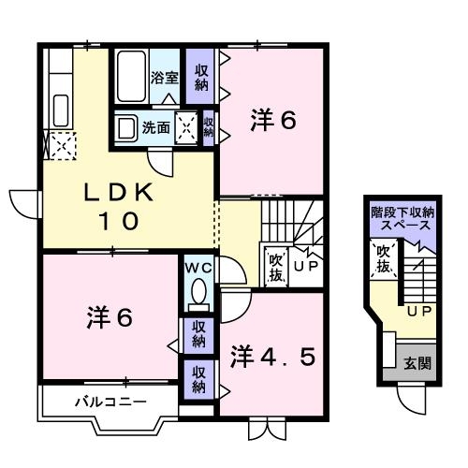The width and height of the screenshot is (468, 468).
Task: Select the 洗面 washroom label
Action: click(x=155, y=127)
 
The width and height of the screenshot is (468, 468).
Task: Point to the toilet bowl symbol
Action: click(x=197, y=296)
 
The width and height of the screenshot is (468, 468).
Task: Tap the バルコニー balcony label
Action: click(x=110, y=402)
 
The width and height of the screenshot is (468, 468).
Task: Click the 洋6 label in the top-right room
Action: click(x=273, y=121)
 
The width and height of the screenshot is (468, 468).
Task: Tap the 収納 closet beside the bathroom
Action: click(x=200, y=78)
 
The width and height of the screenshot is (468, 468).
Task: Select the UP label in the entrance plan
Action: click(x=417, y=310)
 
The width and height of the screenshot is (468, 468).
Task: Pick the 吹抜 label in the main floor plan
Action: click(x=276, y=267)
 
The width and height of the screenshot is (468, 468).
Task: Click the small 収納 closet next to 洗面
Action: click(x=209, y=127)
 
